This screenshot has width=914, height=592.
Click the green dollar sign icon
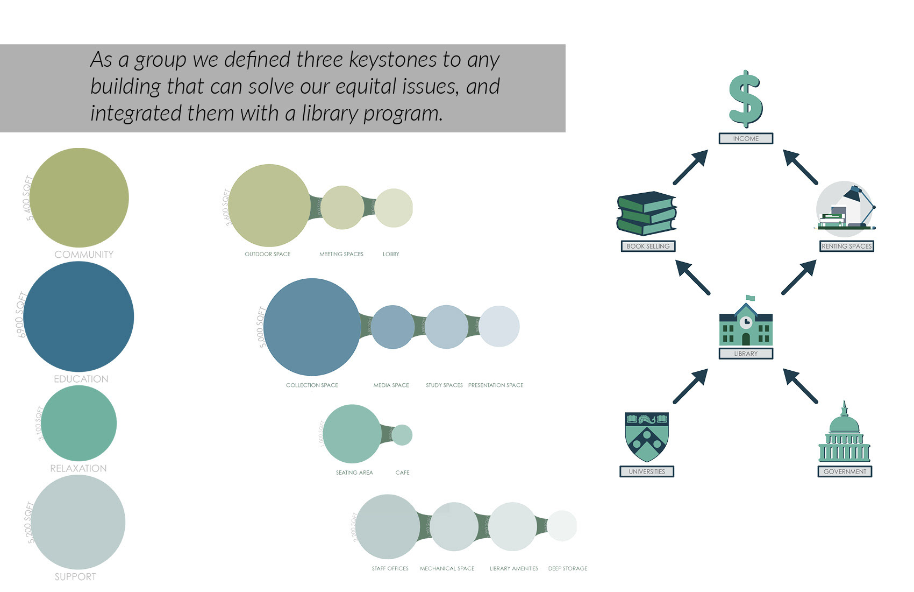coord(745,99)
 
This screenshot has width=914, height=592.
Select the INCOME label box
coord(746,138)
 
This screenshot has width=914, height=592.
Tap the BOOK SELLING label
coord(648,246)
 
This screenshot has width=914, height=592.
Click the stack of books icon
coord(646,214)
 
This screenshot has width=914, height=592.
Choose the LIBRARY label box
coord(746,354)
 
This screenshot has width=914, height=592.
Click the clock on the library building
coord(746,322)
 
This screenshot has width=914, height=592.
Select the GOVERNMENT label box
coord(845,471)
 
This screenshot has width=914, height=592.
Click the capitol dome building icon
coord(844,433)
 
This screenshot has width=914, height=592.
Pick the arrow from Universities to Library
coord(690,386)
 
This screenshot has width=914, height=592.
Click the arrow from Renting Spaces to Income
coord(800,167)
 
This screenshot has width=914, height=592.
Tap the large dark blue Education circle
coord(78,316)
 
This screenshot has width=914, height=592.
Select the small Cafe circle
coord(402,435)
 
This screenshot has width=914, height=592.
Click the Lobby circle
coord(394,208)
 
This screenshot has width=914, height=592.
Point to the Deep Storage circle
coord(562,526)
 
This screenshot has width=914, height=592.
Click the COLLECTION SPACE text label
coord(312,385)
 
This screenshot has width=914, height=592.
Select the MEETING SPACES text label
coord(341,254)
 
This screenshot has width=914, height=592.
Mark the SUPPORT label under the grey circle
coord(75,577)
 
